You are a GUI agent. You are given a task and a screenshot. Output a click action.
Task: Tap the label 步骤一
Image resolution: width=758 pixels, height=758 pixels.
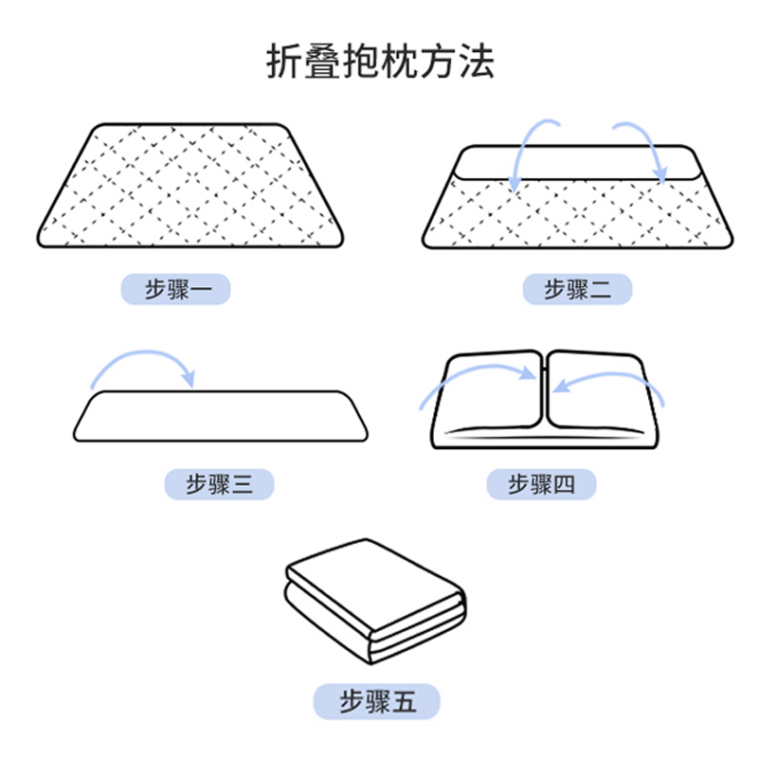175,289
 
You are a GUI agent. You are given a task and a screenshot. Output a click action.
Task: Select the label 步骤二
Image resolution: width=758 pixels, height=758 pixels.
577,289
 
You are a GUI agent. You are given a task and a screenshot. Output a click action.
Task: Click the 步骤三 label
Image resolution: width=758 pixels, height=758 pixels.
219,484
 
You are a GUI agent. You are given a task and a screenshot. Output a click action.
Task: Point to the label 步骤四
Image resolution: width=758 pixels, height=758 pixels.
542,484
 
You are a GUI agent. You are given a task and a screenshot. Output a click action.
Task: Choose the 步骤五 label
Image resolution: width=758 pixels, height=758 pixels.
377,701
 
